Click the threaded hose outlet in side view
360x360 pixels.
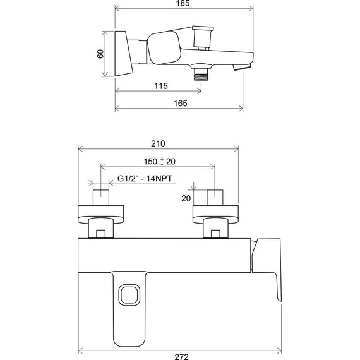pos(202,74)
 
